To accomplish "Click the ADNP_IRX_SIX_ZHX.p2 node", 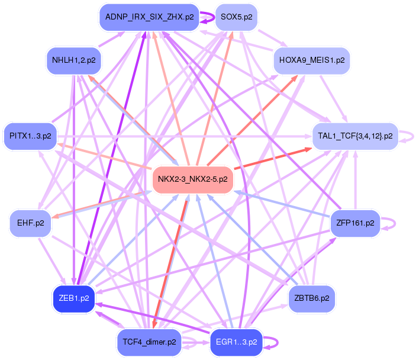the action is click(x=149, y=17).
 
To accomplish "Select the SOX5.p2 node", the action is click(x=236, y=17).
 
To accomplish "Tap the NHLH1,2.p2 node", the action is click(x=74, y=60).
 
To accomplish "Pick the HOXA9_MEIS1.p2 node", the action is click(x=312, y=60).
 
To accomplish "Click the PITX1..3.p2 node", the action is click(x=30, y=136).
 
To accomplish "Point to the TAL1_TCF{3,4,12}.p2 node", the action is click(x=355, y=136).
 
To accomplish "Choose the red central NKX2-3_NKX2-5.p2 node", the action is click(x=192, y=179).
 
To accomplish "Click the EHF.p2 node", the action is click(x=30, y=223).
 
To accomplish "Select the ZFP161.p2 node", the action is click(x=355, y=223).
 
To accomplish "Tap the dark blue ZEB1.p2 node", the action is click(x=74, y=298).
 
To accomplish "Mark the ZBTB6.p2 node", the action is click(x=312, y=298).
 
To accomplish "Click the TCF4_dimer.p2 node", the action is click(x=149, y=342).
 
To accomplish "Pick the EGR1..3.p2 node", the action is click(x=236, y=342).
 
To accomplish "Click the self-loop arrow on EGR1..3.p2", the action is click(x=278, y=342).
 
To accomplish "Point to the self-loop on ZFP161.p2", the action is click(x=395, y=223).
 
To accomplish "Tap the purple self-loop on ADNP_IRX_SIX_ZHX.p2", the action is click(x=214, y=18).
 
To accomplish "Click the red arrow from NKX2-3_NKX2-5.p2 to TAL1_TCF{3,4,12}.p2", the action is click(x=273, y=159).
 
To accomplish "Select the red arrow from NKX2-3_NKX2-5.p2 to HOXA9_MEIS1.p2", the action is click(x=252, y=121).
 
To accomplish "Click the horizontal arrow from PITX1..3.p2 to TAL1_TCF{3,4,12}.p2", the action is click(x=185, y=136).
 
